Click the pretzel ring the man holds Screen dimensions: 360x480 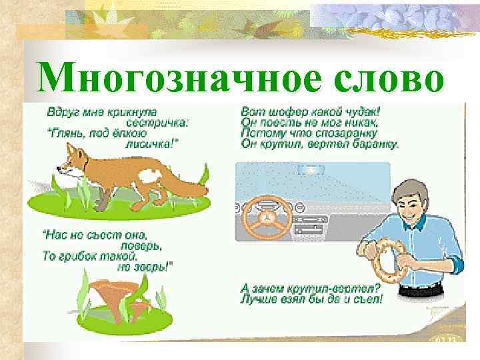pyautogui.click(x=387, y=263)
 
